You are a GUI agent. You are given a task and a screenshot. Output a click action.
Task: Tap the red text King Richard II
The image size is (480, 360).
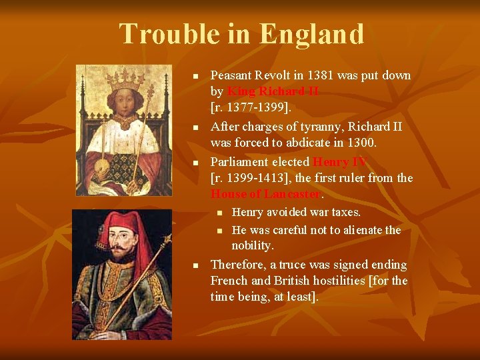point(273,91)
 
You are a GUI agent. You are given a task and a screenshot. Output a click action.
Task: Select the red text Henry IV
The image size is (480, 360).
point(339,162)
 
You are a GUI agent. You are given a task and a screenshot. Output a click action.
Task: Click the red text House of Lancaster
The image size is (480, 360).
point(266,194)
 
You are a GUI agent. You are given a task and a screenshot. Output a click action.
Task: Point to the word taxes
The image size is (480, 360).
point(345,213)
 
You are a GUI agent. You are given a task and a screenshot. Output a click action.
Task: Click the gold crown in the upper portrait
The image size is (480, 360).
point(126,80)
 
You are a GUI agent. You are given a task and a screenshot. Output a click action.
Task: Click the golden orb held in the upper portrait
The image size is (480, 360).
point(105,164)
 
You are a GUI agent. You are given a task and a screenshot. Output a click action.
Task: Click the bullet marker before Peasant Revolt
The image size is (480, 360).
point(195,76)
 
